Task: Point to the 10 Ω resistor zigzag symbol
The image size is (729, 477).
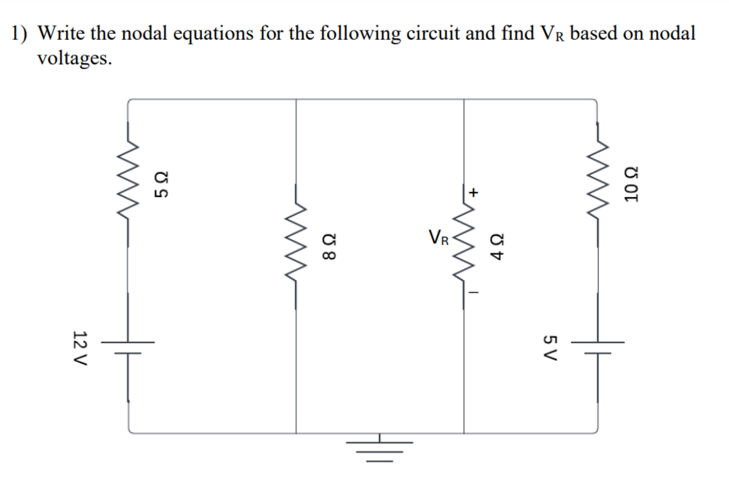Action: coord(597,184)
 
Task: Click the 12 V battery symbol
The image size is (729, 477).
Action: coord(128,348)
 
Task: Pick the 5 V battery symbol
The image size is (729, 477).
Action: coord(597,348)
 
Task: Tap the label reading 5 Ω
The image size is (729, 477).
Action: coord(161,184)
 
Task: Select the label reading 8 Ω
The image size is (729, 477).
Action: coord(329,247)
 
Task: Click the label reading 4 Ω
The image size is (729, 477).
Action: coord(497,247)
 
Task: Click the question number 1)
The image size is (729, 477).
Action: coord(19,33)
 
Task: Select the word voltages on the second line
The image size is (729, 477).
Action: coord(74,58)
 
